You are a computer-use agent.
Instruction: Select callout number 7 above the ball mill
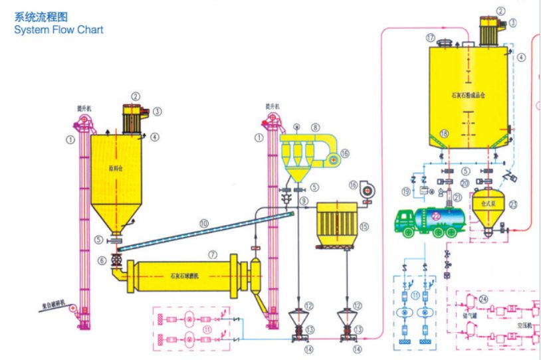[213, 254]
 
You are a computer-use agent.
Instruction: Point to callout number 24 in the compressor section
[483, 300]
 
